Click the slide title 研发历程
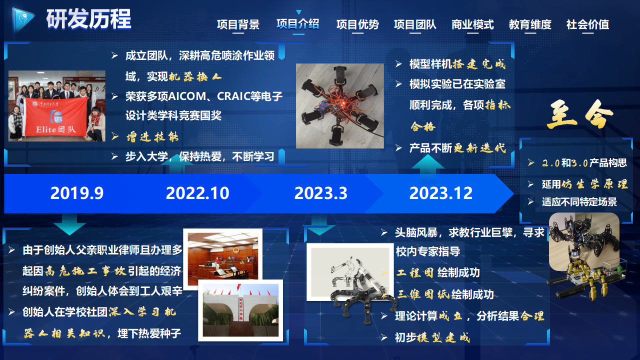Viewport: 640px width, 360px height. coord(88,19)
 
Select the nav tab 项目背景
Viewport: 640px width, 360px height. coord(238,24)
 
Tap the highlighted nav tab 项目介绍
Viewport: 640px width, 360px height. coord(297,24)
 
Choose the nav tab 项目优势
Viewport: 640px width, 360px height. coord(357,24)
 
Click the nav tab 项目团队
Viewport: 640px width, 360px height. coord(415,24)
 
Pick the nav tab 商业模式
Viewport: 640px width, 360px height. coord(472,24)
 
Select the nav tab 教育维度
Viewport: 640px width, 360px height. coord(530,24)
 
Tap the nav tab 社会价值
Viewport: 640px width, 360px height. coord(587,24)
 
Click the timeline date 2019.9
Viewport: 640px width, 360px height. coord(77,193)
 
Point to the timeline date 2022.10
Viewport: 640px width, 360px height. coord(197,193)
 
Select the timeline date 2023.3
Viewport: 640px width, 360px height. coord(321,193)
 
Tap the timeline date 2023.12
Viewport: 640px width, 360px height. coord(441,193)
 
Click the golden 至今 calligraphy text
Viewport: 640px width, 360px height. coord(580,114)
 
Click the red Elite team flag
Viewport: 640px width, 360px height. coord(56,117)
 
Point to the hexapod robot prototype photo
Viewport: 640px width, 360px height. coord(339,106)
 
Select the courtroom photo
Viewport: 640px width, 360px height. coord(223,256)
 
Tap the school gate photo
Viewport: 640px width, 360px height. coord(240,310)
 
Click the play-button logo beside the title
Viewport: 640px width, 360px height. coord(22,19)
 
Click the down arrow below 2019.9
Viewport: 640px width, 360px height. coord(69,224)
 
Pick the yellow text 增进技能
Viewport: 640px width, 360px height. coord(152,137)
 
